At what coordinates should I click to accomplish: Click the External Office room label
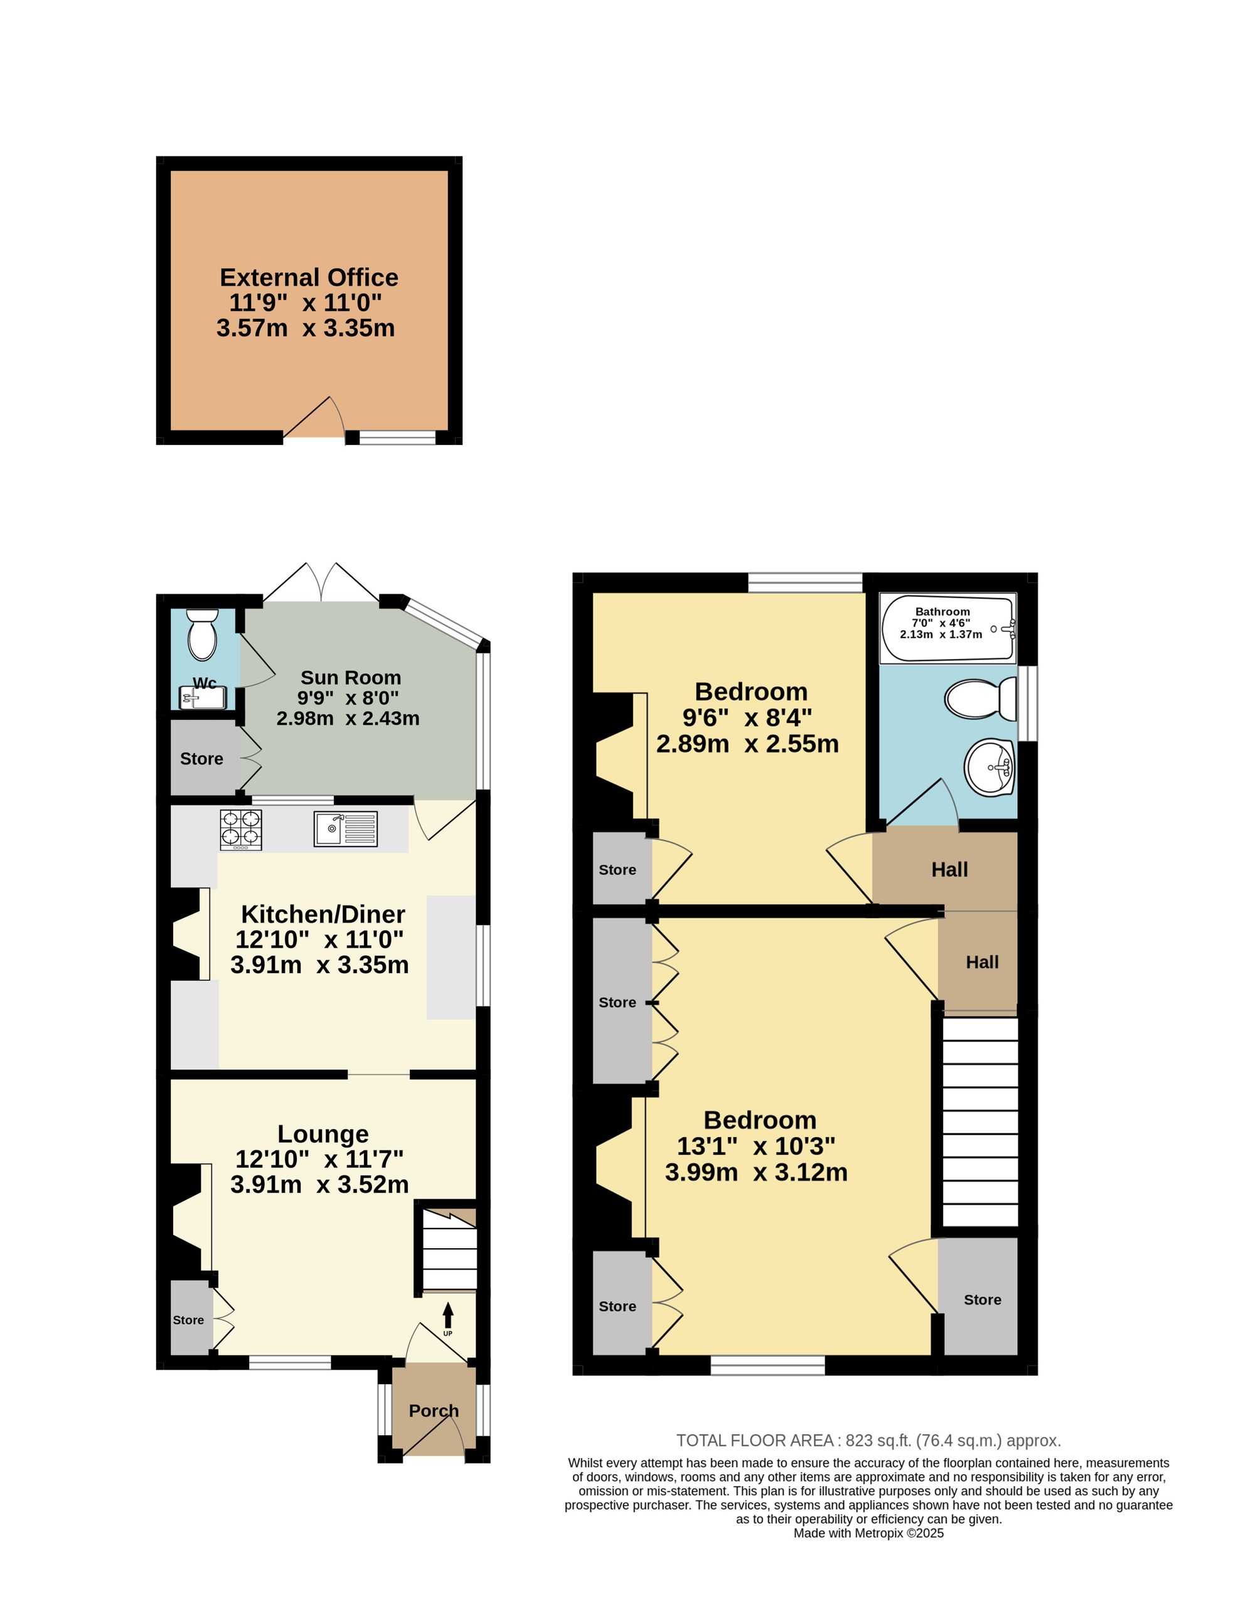click(x=309, y=277)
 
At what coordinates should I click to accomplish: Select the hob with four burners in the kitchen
click(x=241, y=830)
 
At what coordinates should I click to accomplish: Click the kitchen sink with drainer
click(x=346, y=829)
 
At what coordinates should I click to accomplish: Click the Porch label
click(x=434, y=1411)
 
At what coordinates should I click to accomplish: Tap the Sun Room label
click(x=351, y=677)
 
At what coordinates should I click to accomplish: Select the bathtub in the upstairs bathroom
click(x=948, y=629)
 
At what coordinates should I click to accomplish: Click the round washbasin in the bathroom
click(x=990, y=767)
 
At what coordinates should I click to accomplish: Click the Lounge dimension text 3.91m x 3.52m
click(x=319, y=1184)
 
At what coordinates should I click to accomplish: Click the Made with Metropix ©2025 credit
click(x=869, y=1534)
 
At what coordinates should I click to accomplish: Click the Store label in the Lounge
click(x=188, y=1320)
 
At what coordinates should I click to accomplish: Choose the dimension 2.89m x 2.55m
click(x=747, y=744)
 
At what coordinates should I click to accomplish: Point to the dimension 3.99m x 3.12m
click(x=756, y=1172)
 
